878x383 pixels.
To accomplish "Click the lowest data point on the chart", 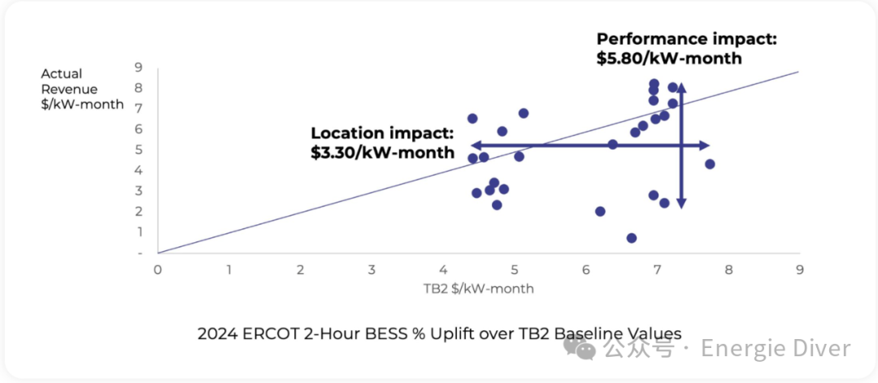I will (x=632, y=238).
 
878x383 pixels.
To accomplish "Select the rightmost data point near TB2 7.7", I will (x=710, y=164).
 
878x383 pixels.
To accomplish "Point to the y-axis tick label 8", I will (x=139, y=88).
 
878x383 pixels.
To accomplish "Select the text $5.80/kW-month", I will (x=669, y=59).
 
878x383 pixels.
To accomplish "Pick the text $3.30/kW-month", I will (x=382, y=152).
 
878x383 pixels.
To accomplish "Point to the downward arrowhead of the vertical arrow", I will (x=681, y=204).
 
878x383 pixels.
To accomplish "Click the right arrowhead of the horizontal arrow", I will (x=705, y=145).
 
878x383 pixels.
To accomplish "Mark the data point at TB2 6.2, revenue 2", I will (x=600, y=211).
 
